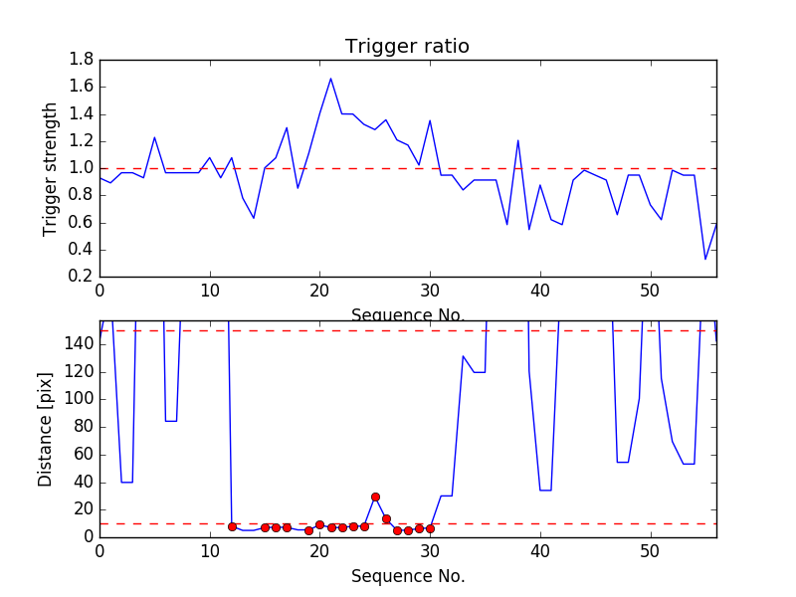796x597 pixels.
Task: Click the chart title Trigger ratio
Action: click(x=407, y=47)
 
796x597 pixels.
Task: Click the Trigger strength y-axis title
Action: click(x=51, y=168)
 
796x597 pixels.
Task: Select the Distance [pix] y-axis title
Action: click(x=46, y=429)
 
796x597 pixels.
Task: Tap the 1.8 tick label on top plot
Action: click(x=82, y=60)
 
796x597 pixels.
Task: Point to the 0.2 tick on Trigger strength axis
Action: click(x=82, y=277)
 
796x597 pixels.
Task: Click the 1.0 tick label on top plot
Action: click(x=82, y=168)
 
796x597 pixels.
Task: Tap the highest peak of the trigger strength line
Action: click(x=330, y=79)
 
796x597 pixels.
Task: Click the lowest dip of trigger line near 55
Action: click(x=705, y=260)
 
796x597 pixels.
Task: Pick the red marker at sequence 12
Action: click(x=232, y=526)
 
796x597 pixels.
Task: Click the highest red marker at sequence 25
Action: click(x=375, y=497)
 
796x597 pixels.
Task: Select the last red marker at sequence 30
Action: click(x=430, y=528)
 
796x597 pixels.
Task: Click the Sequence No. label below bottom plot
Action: click(x=407, y=576)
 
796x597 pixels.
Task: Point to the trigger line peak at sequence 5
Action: click(x=154, y=137)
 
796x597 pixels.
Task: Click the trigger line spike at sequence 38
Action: click(x=518, y=140)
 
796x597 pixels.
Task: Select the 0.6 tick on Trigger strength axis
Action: click(x=82, y=222)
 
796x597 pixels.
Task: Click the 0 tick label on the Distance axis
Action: click(x=88, y=537)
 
